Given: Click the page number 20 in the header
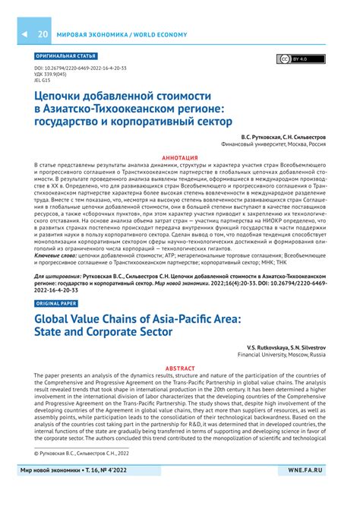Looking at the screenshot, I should click(x=43, y=35).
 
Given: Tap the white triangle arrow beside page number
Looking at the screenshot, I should click(x=24, y=35).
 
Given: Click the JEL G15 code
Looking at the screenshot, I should click(x=45, y=81).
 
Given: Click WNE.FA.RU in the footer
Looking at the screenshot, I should click(x=310, y=492).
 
